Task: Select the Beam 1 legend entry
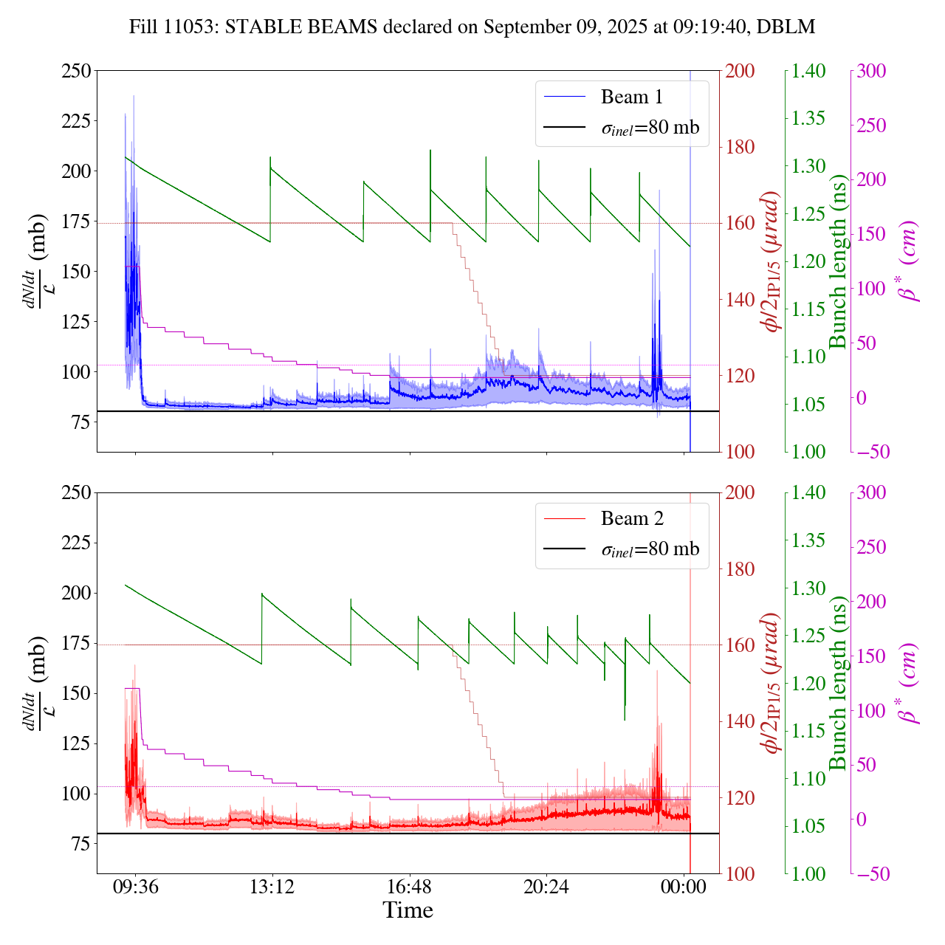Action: [x=631, y=97]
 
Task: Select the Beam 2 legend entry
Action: [x=631, y=518]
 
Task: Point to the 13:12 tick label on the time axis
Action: [x=272, y=887]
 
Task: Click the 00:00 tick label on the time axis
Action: [x=684, y=887]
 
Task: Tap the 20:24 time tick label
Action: [x=546, y=887]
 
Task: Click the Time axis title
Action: [x=408, y=910]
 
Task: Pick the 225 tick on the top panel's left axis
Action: [x=76, y=121]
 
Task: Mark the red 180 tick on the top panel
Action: [x=740, y=147]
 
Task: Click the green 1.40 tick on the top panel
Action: [x=808, y=71]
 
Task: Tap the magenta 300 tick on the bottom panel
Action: [x=871, y=493]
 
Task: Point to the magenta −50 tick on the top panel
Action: [x=871, y=452]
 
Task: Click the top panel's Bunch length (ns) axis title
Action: [x=838, y=261]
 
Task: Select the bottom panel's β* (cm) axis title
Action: [x=909, y=683]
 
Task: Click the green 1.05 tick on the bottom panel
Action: [x=808, y=826]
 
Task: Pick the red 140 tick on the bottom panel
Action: [x=740, y=721]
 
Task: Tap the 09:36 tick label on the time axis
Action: [x=135, y=887]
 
